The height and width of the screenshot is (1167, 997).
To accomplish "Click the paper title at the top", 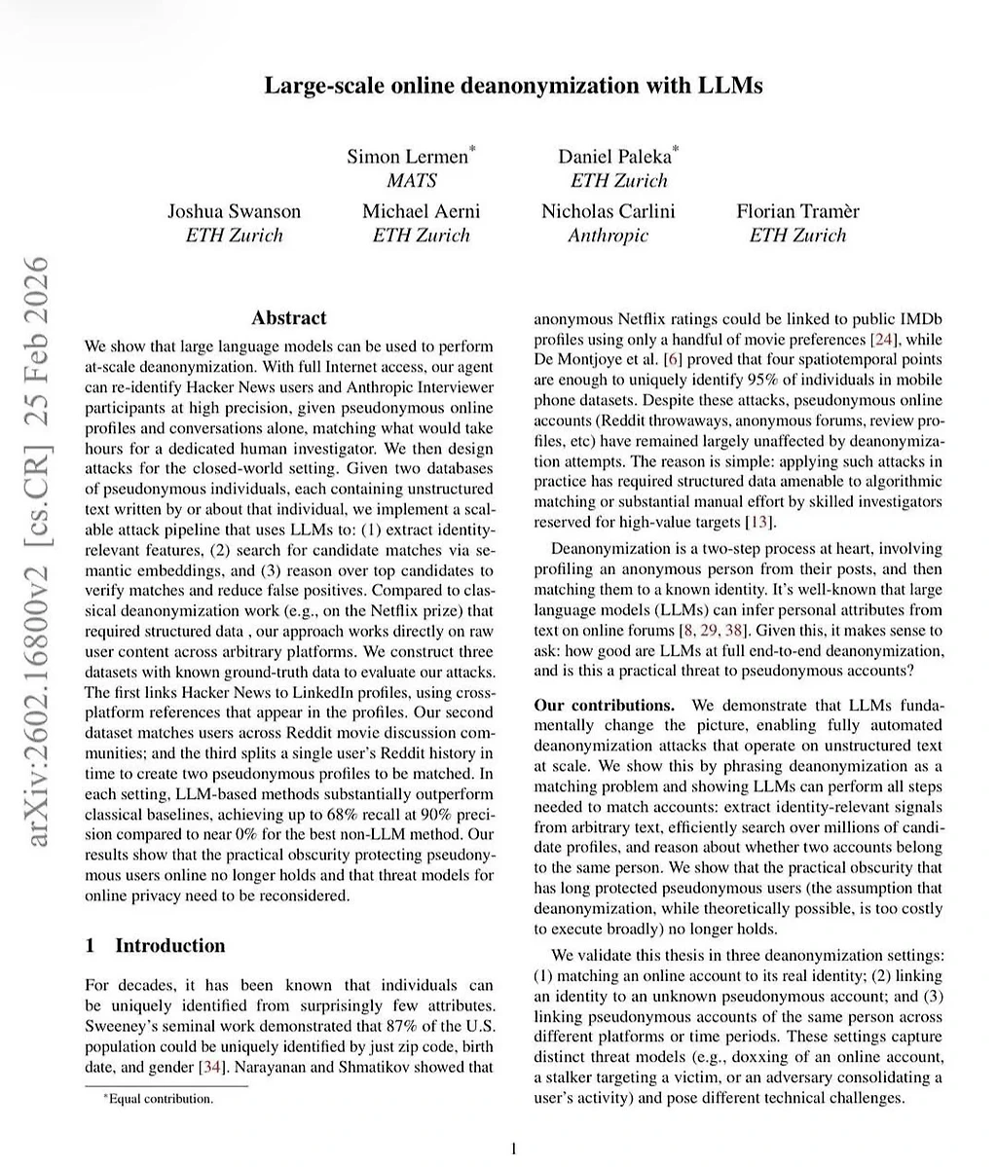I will [513, 86].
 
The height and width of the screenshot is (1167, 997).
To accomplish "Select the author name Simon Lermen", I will [410, 156].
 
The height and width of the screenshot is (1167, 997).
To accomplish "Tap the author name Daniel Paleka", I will [616, 156].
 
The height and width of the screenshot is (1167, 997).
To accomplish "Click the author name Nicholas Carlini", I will [608, 211].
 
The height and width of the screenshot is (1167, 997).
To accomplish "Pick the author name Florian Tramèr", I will [797, 211].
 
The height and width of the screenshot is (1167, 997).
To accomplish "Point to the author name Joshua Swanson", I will [234, 211].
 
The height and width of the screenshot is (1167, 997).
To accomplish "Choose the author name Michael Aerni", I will [421, 211].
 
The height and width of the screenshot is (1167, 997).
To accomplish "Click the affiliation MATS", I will [412, 181].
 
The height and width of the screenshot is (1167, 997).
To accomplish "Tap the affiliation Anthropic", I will [608, 236].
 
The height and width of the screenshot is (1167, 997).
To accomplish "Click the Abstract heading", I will [289, 318].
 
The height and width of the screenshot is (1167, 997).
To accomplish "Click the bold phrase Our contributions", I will [604, 706].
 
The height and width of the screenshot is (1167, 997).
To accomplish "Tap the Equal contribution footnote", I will [159, 1099].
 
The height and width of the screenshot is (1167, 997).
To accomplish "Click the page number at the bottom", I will [513, 1149].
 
